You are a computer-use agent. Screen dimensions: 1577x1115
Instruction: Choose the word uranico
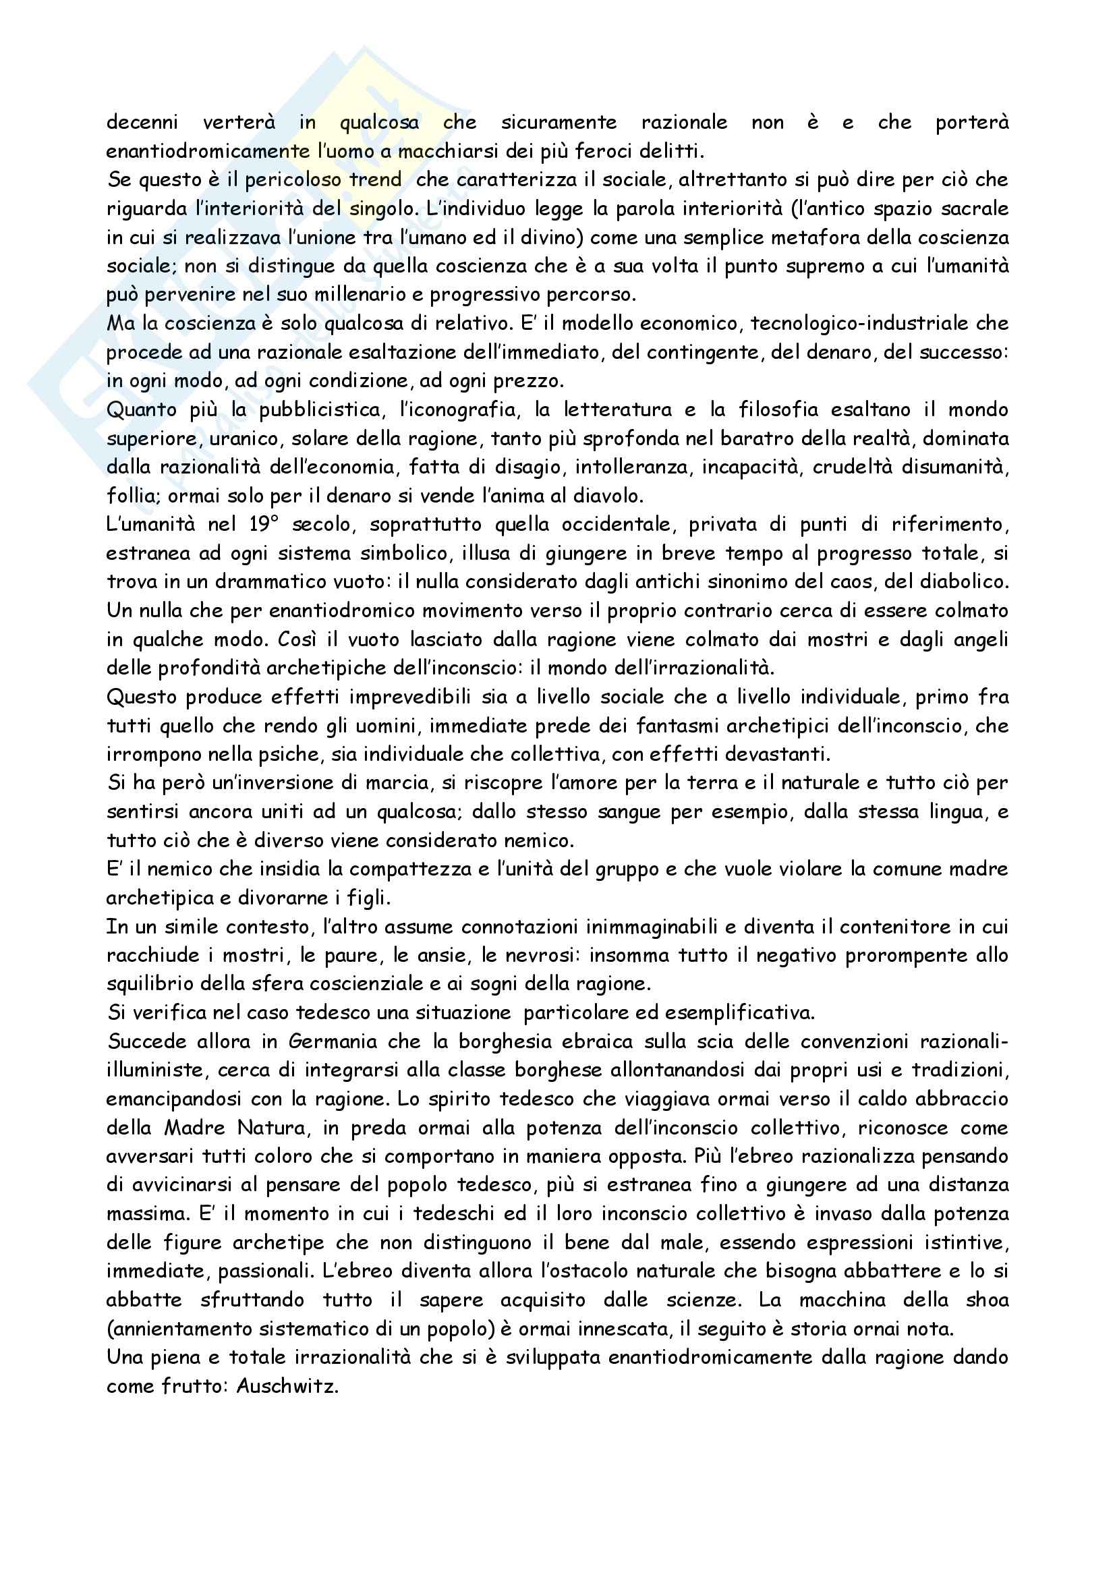coord(250,439)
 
